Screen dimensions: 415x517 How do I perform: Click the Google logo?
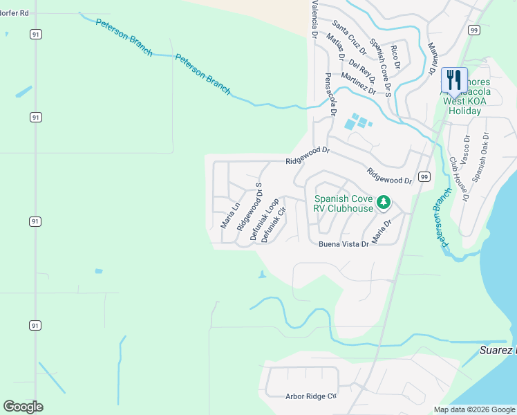coord(23,407)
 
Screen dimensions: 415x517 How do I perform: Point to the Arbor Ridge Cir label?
coord(310,397)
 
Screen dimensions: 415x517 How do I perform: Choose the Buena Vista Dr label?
coord(344,244)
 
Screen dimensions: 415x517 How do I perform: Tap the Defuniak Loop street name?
coord(264,219)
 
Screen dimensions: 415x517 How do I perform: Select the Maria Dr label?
coord(382,232)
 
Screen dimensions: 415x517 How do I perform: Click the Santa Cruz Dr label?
coord(348,37)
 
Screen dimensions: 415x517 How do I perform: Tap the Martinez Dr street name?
coord(358,83)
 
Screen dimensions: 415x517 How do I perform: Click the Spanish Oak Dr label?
coord(480,158)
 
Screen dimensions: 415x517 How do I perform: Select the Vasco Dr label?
coord(467,149)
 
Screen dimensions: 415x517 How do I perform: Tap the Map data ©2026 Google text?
coord(474,409)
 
